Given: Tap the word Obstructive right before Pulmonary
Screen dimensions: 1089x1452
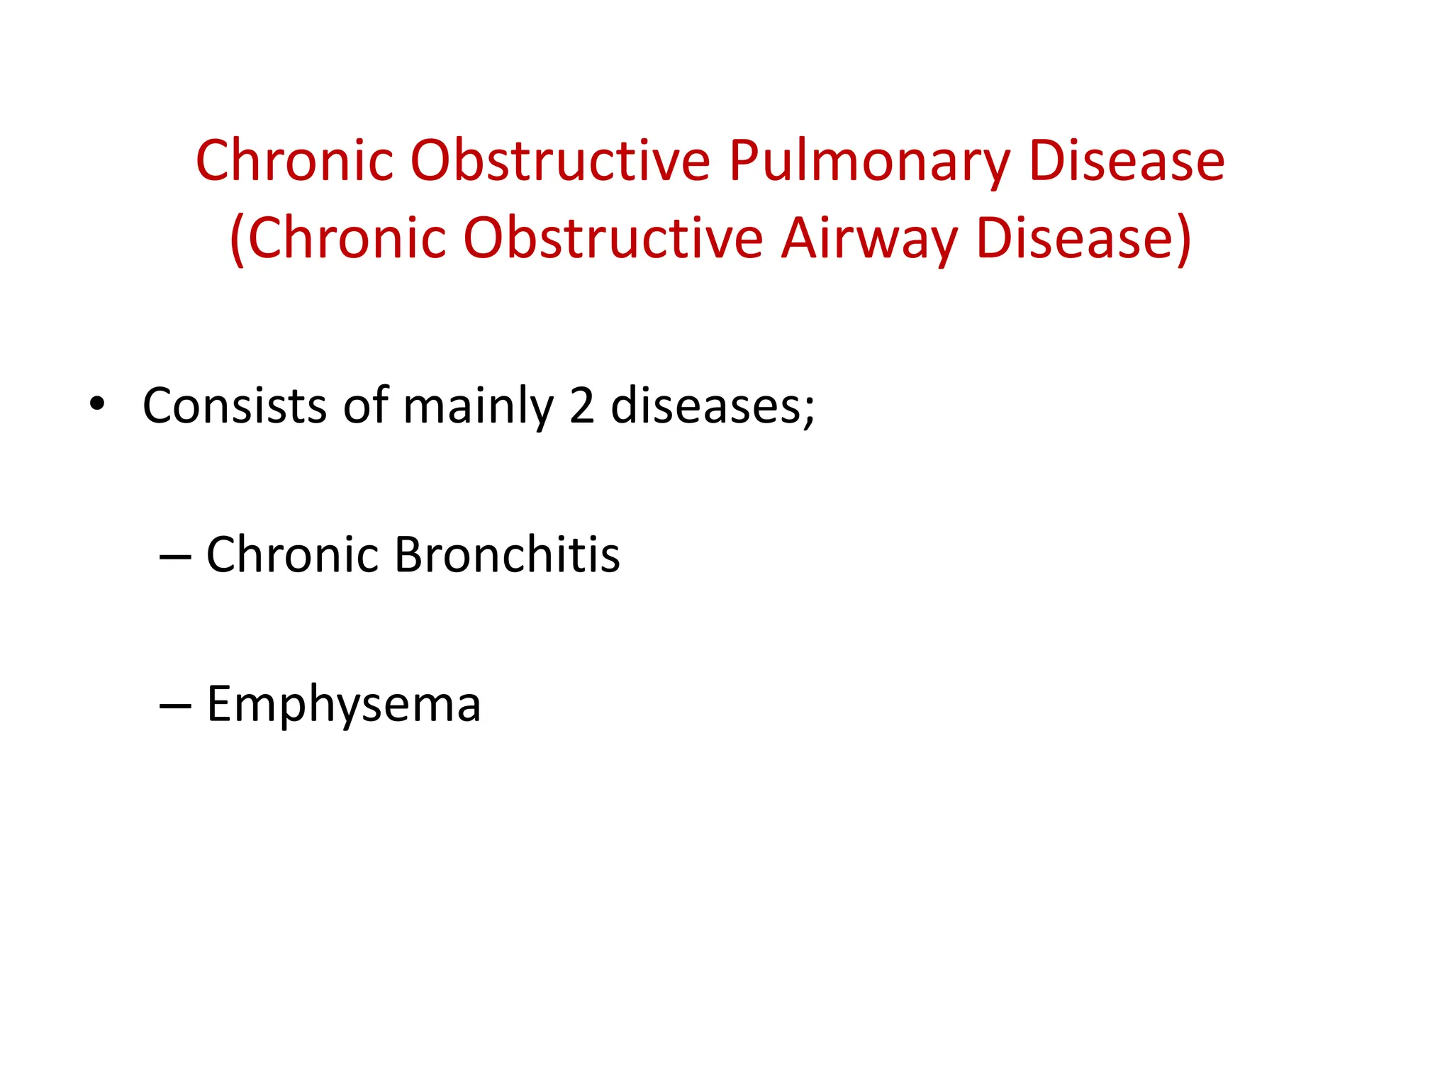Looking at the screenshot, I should pos(560,161).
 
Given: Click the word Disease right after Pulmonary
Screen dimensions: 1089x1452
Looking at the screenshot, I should pos(1127,161).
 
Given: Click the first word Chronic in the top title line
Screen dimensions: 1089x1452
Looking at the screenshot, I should pos(295,161).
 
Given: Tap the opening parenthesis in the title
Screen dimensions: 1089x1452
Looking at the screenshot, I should pos(238,240).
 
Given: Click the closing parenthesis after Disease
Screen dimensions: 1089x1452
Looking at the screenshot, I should pos(1184,240).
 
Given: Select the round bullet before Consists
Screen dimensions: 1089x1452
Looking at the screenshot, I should pos(97,404).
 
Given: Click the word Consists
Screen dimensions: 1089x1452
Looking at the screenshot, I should pos(235,406).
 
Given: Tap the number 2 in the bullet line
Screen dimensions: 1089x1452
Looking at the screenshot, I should pos(581,406).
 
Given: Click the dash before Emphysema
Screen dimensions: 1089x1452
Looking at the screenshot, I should pos(175,706).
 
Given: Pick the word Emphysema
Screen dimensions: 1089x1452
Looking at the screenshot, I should pos(344,705).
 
